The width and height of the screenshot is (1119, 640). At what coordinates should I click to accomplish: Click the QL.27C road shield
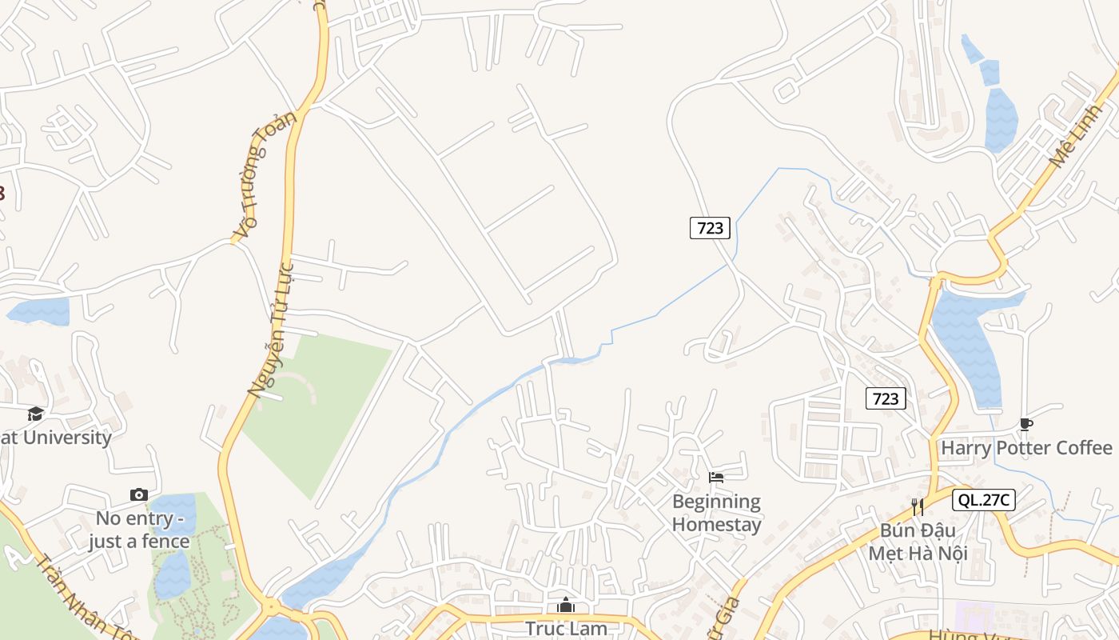(x=983, y=501)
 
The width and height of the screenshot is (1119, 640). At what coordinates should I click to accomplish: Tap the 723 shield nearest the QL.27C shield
(x=886, y=398)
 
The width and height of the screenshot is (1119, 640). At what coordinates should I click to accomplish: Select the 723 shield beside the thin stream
(x=710, y=228)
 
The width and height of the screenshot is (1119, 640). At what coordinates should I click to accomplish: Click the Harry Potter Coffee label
(x=1026, y=448)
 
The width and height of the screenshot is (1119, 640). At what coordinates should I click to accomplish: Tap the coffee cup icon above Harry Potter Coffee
(x=1026, y=425)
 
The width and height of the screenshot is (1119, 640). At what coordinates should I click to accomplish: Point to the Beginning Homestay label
(x=716, y=513)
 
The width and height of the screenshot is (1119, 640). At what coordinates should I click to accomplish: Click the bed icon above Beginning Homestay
(x=716, y=478)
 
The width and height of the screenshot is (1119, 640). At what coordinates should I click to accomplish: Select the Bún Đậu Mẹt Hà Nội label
(x=918, y=542)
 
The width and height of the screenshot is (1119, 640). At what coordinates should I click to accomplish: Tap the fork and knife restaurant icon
(x=918, y=506)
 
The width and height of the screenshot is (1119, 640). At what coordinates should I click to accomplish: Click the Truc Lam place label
(x=566, y=629)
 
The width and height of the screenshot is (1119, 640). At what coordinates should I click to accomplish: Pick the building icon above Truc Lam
(x=566, y=606)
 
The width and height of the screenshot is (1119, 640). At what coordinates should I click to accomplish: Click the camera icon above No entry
(x=139, y=495)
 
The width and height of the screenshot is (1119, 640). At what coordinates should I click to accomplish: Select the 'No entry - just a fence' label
(x=139, y=530)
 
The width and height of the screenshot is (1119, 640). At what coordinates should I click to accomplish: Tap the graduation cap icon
(x=35, y=414)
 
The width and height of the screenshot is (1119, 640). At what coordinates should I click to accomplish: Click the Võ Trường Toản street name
(x=264, y=175)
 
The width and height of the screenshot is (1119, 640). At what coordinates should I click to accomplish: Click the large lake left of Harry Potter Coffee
(x=969, y=344)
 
